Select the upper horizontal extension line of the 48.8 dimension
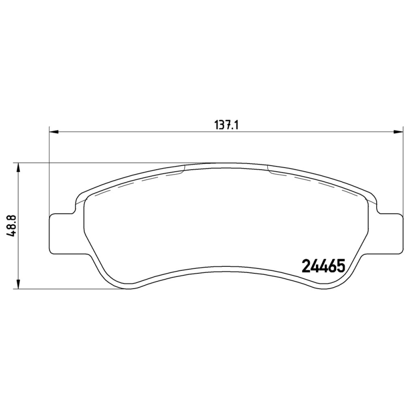101,163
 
